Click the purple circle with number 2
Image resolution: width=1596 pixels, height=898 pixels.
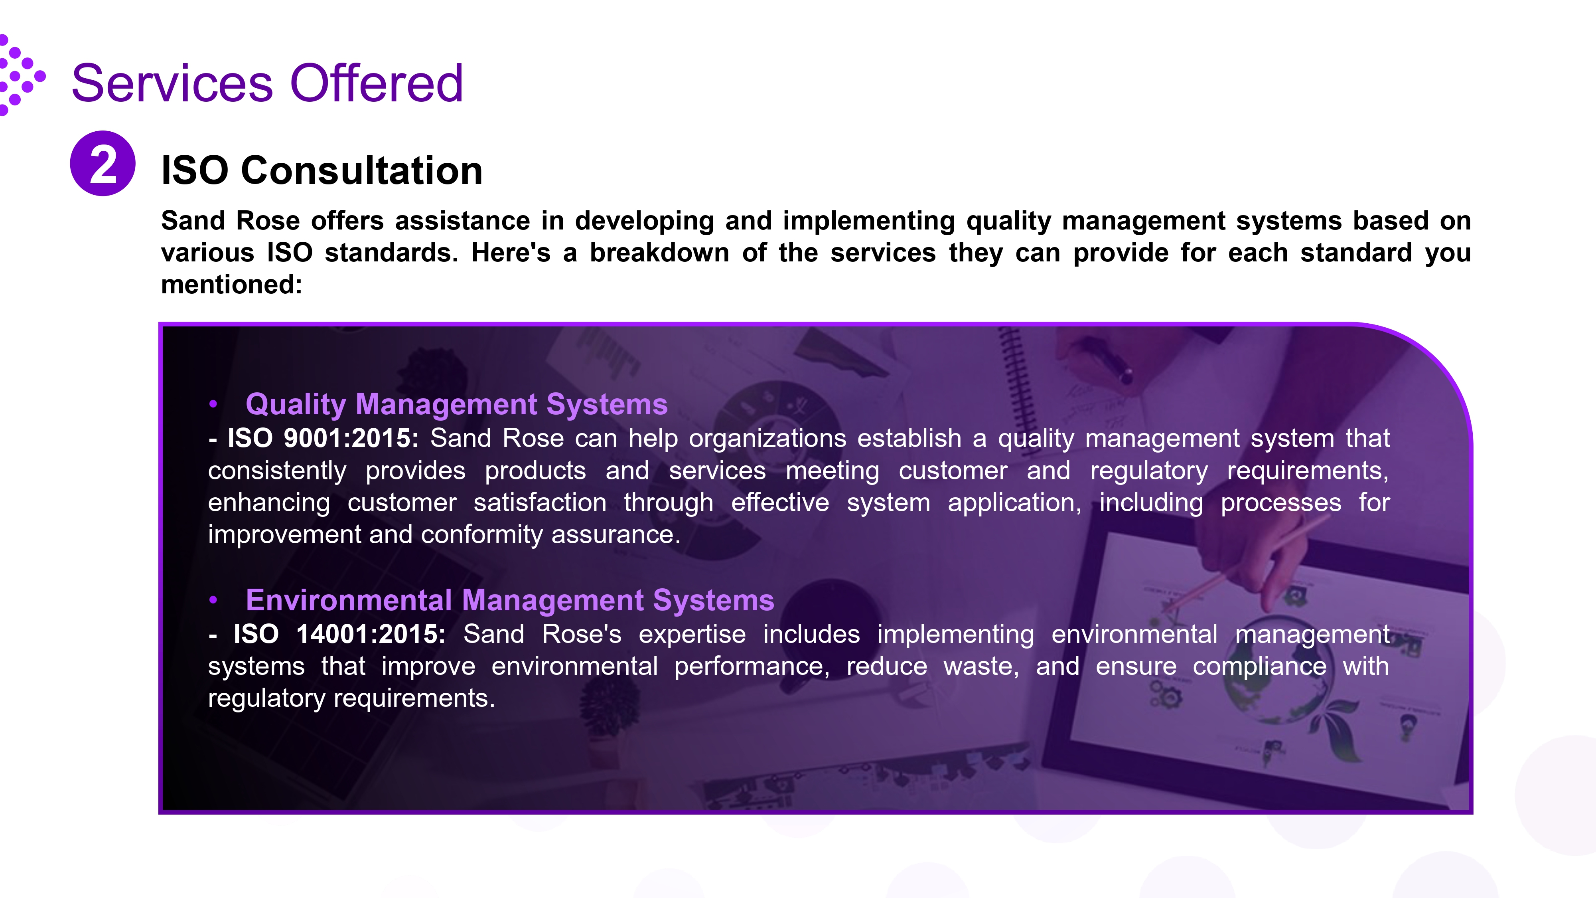[103, 164]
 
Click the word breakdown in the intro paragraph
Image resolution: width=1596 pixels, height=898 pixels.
[659, 253]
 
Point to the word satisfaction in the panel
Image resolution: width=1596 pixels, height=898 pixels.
[540, 502]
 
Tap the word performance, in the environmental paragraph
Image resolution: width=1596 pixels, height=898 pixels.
[752, 667]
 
